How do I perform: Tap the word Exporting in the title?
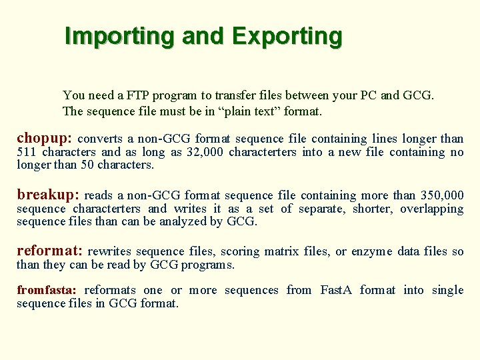tap(287, 36)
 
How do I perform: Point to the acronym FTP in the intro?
tap(139, 95)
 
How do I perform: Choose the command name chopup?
tap(45, 139)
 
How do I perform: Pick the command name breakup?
tap(48, 195)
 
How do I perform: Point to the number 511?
tap(27, 152)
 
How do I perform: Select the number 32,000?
tap(205, 152)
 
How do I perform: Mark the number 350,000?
tap(442, 195)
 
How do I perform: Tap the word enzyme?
tap(371, 251)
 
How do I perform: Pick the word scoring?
tap(240, 251)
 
